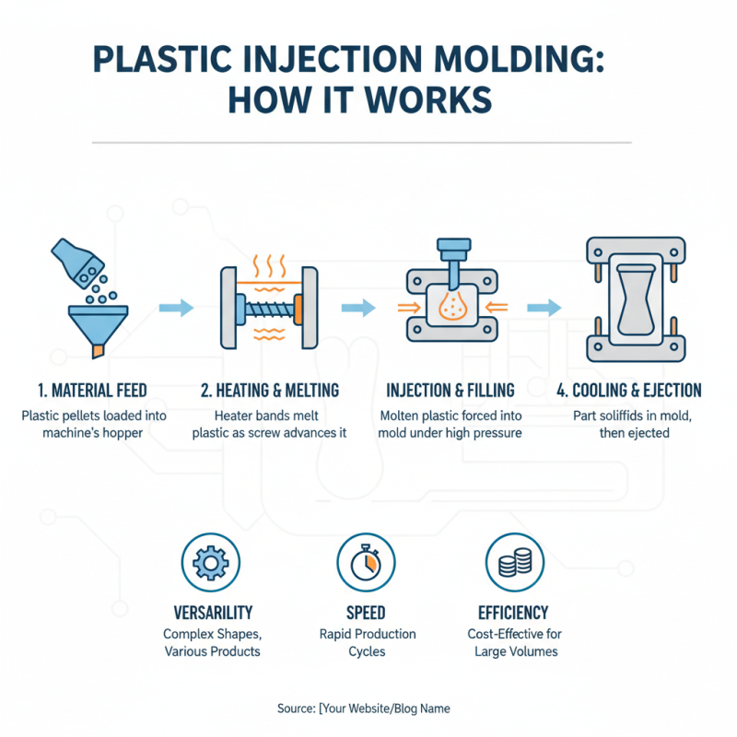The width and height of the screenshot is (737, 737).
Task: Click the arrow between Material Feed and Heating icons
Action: [176, 308]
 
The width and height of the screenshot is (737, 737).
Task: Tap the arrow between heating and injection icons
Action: [359, 308]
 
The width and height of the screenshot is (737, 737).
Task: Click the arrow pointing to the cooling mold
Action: [544, 308]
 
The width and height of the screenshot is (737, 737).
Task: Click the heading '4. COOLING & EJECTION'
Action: [629, 390]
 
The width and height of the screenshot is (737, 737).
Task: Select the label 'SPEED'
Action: [366, 613]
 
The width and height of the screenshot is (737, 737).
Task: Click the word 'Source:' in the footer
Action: [295, 708]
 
